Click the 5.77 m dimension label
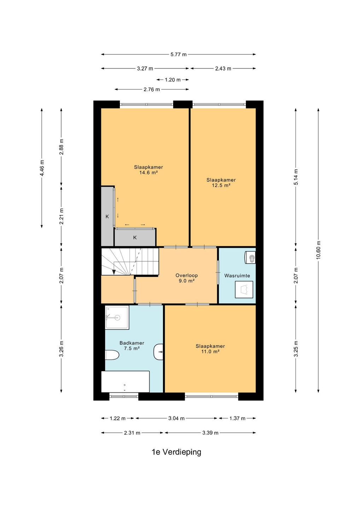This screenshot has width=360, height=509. [179, 54]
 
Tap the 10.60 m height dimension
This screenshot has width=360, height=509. [318, 250]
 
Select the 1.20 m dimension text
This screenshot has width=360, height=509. [173, 80]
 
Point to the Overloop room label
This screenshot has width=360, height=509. [187, 275]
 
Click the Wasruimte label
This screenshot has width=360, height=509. [237, 276]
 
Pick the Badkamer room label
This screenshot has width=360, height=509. [132, 343]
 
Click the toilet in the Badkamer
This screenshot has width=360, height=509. [112, 355]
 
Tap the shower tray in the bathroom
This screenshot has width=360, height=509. [117, 317]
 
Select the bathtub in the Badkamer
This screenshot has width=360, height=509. [125, 381]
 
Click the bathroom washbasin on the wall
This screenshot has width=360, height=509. [159, 352]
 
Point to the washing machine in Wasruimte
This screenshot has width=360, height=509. [244, 289]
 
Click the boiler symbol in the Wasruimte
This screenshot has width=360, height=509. [250, 257]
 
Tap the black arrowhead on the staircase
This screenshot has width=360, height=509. [114, 272]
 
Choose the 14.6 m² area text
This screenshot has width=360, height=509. [149, 173]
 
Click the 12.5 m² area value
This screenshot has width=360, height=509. [221, 186]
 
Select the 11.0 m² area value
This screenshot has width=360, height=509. [210, 352]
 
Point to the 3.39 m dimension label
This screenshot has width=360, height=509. [210, 433]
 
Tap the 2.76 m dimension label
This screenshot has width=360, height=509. [152, 89]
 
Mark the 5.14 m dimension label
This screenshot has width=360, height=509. [296, 177]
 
